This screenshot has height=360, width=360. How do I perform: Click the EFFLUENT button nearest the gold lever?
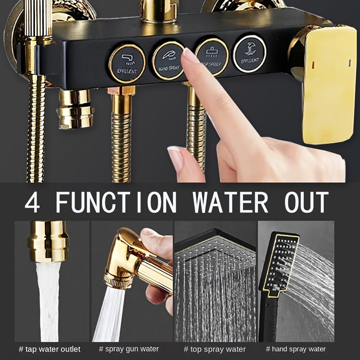[249, 53]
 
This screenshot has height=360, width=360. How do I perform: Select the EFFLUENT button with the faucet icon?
[127, 63]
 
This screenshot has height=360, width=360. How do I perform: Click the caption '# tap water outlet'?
[50, 349]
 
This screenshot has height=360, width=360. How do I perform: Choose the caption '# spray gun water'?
[130, 349]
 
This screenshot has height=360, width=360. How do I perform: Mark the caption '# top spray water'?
[215, 349]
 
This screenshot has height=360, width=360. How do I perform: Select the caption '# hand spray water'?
[296, 349]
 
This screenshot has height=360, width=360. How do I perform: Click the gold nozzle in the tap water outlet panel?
[48, 241]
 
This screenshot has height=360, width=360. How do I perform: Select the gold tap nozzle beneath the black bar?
[75, 108]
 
